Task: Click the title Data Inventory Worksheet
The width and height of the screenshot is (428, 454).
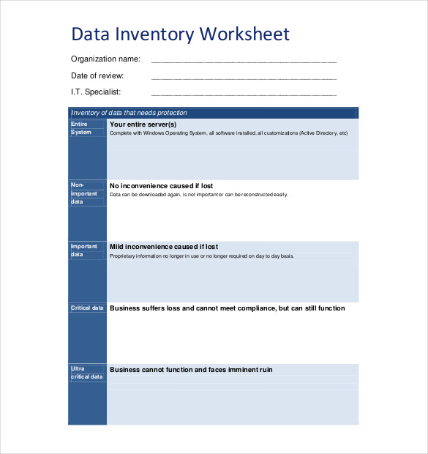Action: (180, 34)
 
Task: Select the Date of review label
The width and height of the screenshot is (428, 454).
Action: (97, 75)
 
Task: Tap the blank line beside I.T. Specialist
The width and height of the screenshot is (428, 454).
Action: (244, 94)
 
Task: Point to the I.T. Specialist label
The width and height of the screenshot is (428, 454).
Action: (96, 92)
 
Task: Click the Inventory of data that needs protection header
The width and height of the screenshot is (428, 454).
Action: (129, 113)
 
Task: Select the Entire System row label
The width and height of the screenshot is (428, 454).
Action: (81, 128)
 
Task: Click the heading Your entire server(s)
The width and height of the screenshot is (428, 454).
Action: (143, 124)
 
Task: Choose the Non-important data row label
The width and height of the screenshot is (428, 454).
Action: (83, 193)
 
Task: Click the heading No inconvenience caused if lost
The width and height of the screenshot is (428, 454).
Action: (161, 186)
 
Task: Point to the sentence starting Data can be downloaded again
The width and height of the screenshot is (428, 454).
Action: (198, 195)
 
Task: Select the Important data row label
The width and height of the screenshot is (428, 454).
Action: (83, 250)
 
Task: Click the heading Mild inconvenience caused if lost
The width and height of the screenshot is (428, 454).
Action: (163, 247)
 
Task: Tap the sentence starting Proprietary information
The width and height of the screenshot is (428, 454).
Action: (201, 256)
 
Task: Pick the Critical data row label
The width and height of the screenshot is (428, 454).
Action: (87, 308)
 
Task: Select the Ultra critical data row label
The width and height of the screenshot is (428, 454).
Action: (86, 373)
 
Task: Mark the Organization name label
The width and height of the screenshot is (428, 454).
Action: (105, 59)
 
